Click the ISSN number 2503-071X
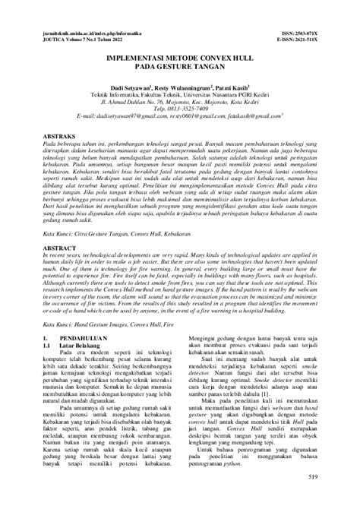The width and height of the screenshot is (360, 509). [312, 35]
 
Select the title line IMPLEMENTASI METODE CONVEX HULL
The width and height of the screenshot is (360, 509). [180, 58]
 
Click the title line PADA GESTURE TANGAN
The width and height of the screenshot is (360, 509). [180, 67]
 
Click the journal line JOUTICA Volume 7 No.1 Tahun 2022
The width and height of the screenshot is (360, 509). [92, 42]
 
